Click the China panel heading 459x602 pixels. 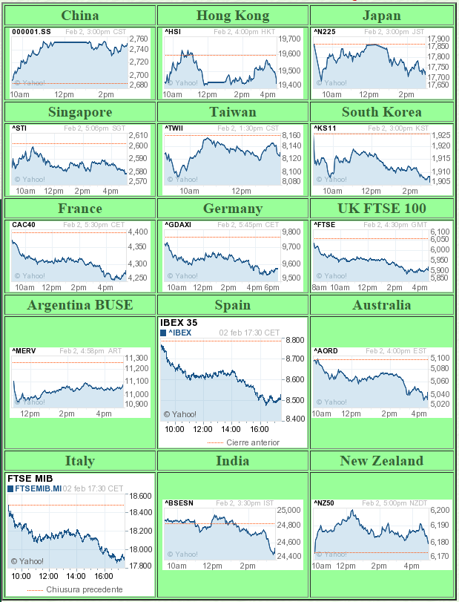80,16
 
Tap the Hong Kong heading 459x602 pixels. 233,16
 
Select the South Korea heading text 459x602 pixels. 382,112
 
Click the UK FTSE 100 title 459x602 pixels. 382,208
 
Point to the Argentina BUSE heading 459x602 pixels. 80,305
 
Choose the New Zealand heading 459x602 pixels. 382,461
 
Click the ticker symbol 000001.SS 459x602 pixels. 31,32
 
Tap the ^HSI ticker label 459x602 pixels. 174,32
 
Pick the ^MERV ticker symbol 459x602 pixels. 25,351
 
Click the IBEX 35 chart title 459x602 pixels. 179,322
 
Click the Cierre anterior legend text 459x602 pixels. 253,442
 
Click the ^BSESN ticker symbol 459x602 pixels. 179,503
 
